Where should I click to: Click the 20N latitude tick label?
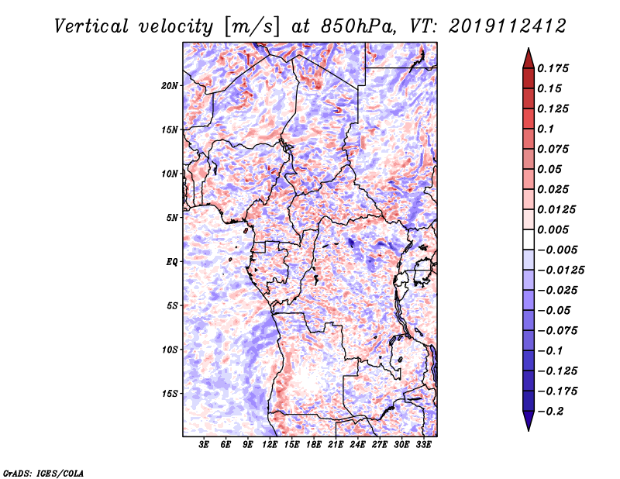[x=170, y=86]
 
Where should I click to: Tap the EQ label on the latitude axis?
[x=172, y=262]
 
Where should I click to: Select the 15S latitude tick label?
[x=170, y=394]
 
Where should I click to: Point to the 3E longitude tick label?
[x=204, y=444]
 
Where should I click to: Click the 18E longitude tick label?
[x=313, y=444]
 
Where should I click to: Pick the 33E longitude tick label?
[x=423, y=444]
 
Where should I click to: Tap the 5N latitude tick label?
[x=172, y=218]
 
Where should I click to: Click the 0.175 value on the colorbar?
[x=553, y=68]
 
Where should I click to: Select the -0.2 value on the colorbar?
[x=551, y=412]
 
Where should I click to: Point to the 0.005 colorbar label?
[x=553, y=229]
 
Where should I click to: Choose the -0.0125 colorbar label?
[x=560, y=271]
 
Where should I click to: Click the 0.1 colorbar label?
[x=546, y=129]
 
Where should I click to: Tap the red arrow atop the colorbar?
[x=529, y=58]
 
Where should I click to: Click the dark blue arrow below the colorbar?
[x=529, y=421]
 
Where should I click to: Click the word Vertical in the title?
[x=91, y=26]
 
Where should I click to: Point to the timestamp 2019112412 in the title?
[x=508, y=26]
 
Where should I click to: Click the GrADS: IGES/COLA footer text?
[x=43, y=473]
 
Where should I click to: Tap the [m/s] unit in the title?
[x=252, y=26]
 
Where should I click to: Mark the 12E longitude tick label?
[x=269, y=444]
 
